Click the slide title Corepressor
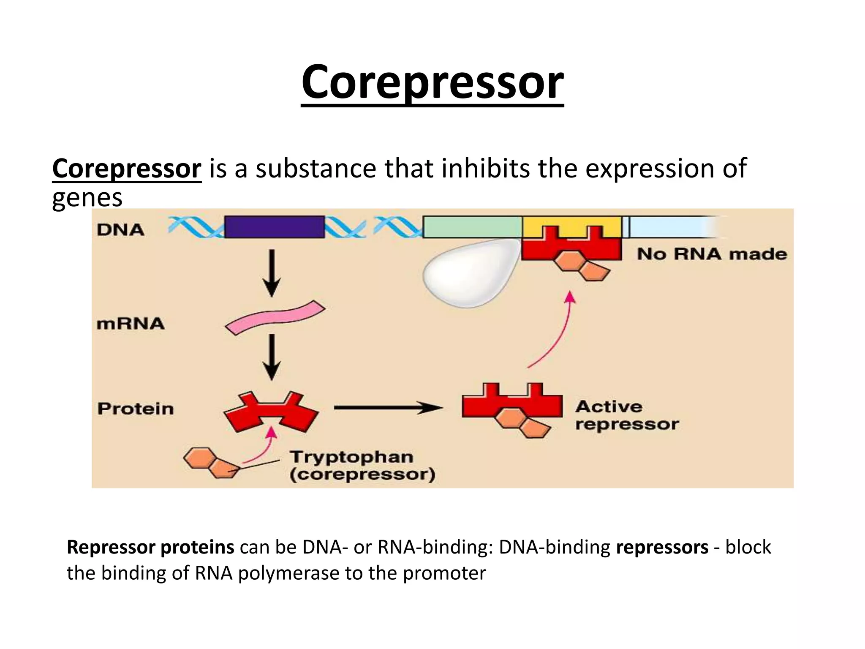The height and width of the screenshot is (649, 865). [x=432, y=82]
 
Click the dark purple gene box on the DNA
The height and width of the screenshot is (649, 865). [x=275, y=227]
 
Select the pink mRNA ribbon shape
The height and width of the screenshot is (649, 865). [x=275, y=317]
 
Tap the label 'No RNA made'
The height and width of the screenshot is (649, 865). [x=712, y=254]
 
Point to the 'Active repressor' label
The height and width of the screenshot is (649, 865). [x=626, y=415]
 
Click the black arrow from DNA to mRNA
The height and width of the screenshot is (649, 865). [x=272, y=273]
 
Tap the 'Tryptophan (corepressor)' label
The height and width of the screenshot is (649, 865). [x=362, y=466]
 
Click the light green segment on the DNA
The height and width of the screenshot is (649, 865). [x=472, y=227]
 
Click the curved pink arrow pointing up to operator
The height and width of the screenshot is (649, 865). [x=558, y=330]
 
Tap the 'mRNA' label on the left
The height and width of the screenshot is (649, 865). [x=130, y=324]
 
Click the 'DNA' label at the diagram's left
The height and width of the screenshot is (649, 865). [x=120, y=230]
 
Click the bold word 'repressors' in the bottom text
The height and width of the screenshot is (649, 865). [x=662, y=547]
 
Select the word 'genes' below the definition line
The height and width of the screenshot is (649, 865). [x=87, y=198]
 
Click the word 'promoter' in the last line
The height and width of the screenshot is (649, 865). [x=444, y=573]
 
